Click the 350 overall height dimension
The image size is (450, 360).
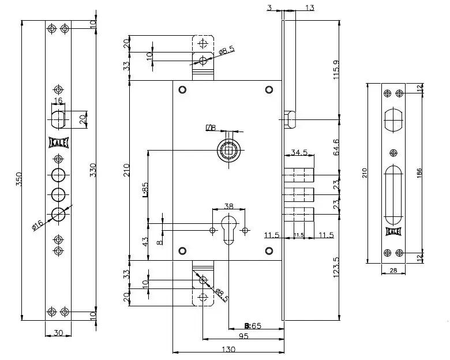[x=18, y=179]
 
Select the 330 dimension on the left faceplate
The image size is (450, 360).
[x=93, y=170]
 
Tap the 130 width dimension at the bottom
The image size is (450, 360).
[x=228, y=350]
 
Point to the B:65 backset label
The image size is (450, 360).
[x=253, y=326]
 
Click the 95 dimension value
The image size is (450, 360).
[x=243, y=336]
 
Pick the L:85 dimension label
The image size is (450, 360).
[x=145, y=189]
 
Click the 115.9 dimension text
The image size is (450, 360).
[x=336, y=70]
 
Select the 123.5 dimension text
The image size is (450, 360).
[x=336, y=267]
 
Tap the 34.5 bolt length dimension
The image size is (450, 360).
[x=299, y=152]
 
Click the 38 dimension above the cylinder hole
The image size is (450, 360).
[x=228, y=206]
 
